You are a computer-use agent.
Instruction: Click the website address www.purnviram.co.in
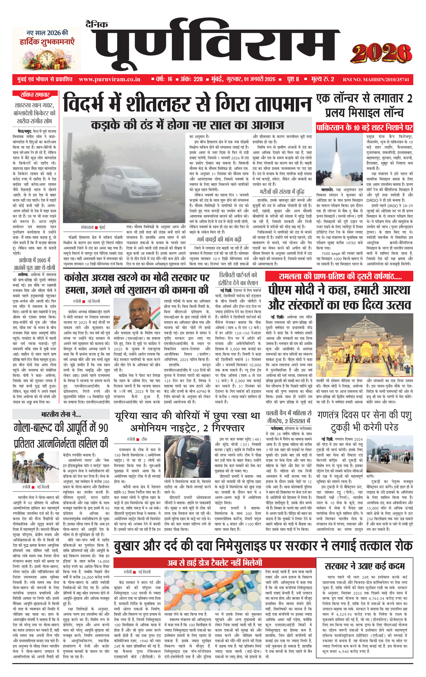109,79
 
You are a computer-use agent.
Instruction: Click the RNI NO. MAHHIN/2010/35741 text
376,80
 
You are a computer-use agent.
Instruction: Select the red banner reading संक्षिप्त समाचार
35,95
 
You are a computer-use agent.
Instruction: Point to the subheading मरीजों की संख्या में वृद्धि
282,192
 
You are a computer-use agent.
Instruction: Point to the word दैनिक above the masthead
97,25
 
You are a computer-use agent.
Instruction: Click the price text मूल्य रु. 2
323,79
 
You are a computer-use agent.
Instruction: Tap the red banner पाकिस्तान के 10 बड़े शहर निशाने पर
364,128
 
